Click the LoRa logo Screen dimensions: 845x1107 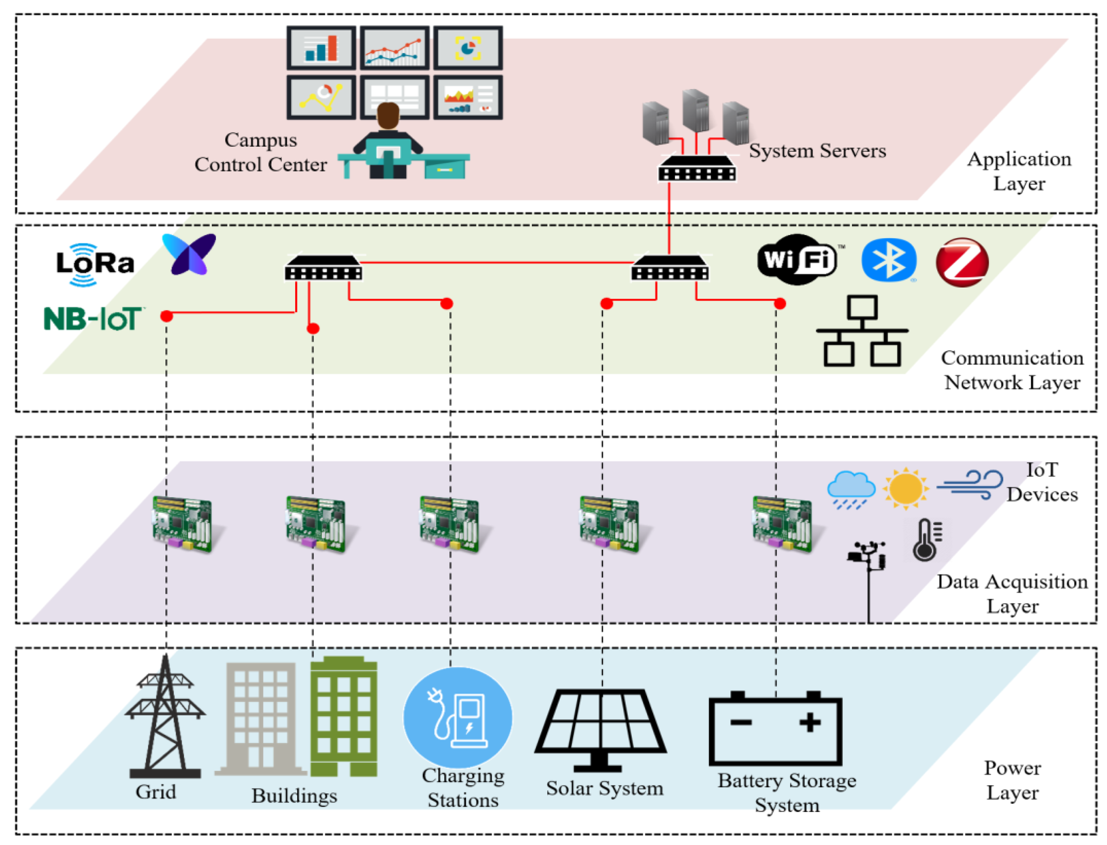(x=95, y=264)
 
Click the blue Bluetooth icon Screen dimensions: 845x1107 (x=889, y=260)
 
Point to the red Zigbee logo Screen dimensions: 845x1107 (x=962, y=262)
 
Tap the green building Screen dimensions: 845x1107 (x=343, y=717)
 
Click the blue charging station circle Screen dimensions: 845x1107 (x=458, y=717)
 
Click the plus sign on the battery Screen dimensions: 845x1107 (x=809, y=723)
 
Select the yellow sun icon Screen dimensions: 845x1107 (x=905, y=488)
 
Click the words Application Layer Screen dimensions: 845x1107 (x=1019, y=171)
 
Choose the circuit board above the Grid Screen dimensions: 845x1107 (x=182, y=525)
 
